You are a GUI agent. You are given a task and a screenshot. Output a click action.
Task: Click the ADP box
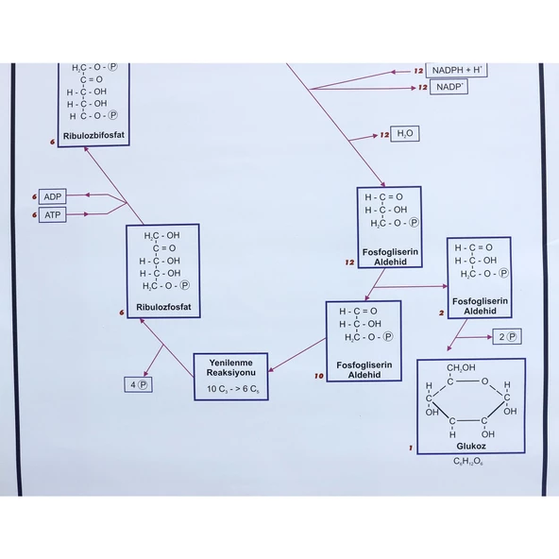(53, 196)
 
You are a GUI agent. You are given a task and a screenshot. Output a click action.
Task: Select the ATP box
(53, 215)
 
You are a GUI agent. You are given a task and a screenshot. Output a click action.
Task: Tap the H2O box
(405, 134)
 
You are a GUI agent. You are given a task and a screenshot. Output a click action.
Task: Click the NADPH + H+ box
(456, 70)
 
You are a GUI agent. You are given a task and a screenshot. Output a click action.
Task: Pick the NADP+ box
(449, 87)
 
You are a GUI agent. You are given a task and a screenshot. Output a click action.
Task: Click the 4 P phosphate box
(138, 384)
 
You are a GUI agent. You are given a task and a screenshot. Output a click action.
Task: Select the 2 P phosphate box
(507, 336)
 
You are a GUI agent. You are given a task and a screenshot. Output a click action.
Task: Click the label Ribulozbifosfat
(93, 135)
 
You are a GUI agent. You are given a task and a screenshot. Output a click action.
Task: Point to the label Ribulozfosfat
(163, 307)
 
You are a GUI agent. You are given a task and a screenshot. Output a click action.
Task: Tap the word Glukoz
(471, 446)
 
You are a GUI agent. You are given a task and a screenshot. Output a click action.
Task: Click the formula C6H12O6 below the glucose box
(468, 462)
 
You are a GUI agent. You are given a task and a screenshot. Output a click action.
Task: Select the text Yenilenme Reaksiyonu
(231, 367)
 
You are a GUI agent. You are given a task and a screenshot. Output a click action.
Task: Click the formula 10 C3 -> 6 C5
(233, 389)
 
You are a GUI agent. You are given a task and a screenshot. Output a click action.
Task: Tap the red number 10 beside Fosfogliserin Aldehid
(319, 376)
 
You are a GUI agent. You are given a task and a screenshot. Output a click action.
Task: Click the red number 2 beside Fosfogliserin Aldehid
(442, 313)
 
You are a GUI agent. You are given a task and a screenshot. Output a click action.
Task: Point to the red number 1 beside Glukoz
(411, 448)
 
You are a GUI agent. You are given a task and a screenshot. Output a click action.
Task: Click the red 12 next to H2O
(384, 135)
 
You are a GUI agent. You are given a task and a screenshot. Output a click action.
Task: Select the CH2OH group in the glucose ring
(461, 368)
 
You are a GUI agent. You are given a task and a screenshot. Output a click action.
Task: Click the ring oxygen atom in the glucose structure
(484, 381)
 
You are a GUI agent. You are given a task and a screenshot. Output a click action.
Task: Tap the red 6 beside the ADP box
(34, 196)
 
